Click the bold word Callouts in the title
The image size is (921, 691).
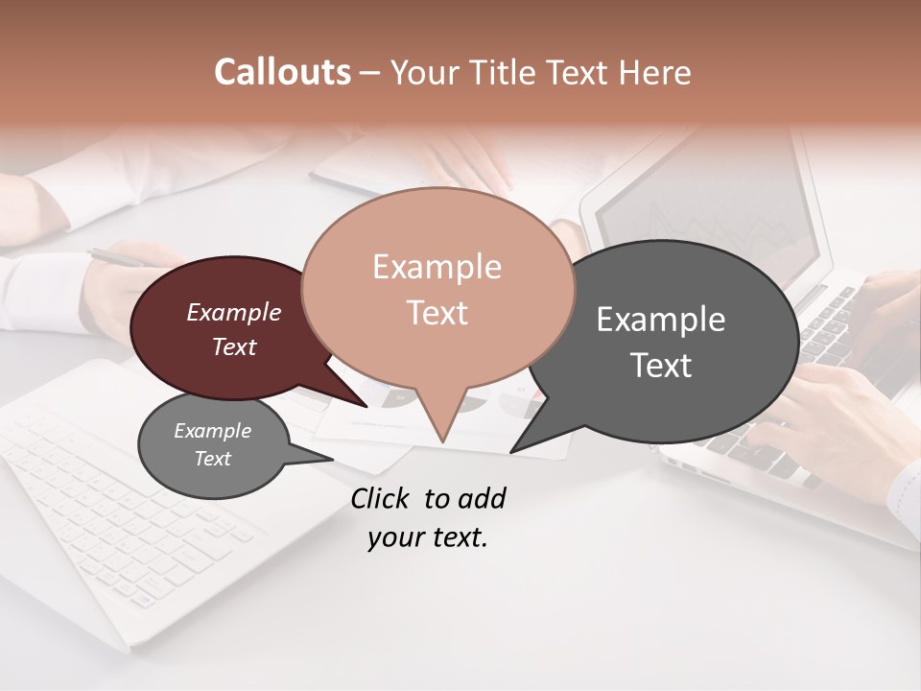282,72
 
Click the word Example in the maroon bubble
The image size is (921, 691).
233,312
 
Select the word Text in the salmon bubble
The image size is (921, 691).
437,313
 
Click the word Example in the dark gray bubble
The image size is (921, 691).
660,320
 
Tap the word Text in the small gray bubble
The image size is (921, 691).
213,459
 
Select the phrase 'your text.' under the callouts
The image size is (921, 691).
428,537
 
